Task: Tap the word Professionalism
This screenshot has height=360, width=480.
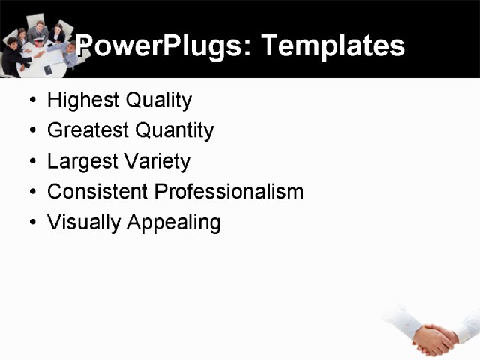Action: [229, 192]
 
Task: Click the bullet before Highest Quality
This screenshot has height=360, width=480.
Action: [31, 100]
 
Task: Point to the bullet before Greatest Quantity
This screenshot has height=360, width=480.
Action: [31, 131]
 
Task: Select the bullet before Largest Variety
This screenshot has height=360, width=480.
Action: [31, 162]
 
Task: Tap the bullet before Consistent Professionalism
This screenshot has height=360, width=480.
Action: [31, 193]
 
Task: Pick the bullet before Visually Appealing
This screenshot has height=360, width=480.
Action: [31, 223]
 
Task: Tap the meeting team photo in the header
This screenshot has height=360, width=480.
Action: [37, 45]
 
